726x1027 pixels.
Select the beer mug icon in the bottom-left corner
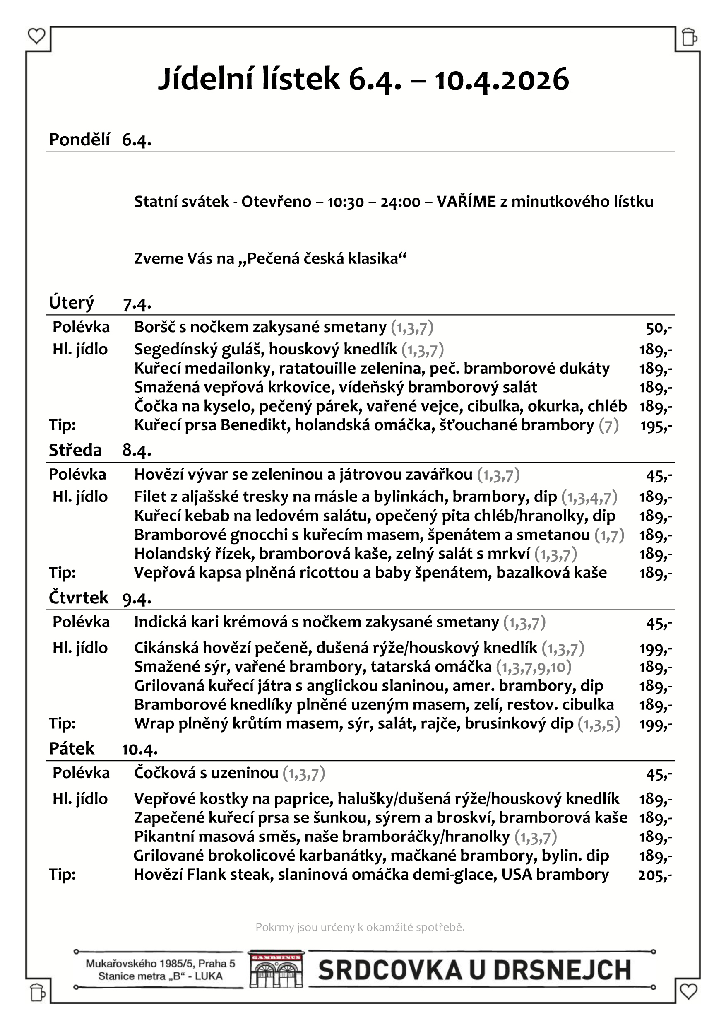[38, 992]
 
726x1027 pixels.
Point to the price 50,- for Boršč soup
[659, 328]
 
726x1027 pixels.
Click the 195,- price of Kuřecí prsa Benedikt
[656, 426]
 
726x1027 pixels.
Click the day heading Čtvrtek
[79, 598]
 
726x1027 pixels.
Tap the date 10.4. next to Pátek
[139, 749]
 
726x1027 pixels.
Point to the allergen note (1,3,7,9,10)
[534, 667]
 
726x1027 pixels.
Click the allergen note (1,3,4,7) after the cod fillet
[589, 497]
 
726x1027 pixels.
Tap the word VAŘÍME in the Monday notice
[466, 202]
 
